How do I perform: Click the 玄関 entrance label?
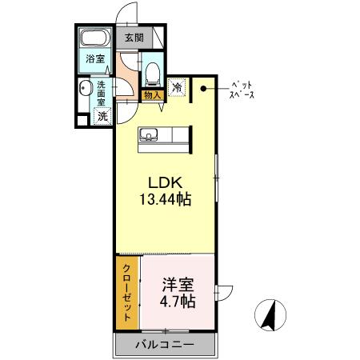[x=134, y=37]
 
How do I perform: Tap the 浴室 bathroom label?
[x=96, y=58]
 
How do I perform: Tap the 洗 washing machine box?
[x=102, y=116]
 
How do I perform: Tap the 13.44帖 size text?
[x=165, y=198]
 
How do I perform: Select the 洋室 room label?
[x=177, y=285]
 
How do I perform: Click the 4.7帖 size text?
[x=178, y=302]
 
